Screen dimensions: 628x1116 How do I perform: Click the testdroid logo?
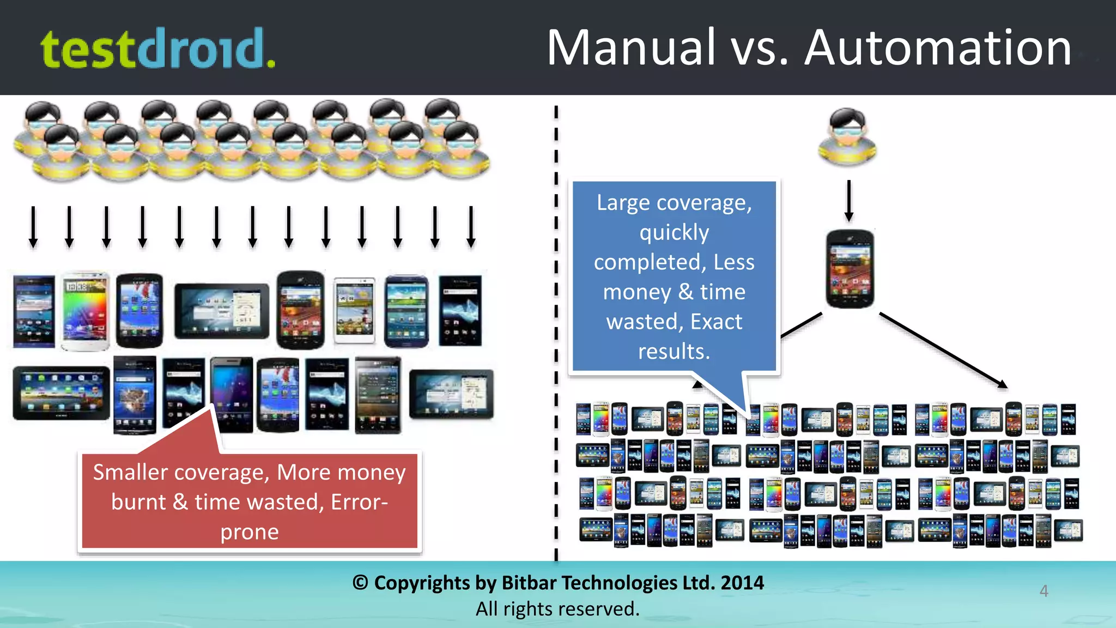pyautogui.click(x=158, y=49)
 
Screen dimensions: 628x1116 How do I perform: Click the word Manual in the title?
pyautogui.click(x=631, y=48)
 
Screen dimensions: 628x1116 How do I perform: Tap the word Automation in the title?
pyautogui.click(x=937, y=48)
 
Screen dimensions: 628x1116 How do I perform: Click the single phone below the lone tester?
pyautogui.click(x=850, y=269)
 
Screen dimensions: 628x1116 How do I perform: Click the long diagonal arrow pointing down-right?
pyautogui.click(x=943, y=351)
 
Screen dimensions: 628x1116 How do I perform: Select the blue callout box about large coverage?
pyautogui.click(x=674, y=277)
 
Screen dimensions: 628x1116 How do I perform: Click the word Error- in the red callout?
pyautogui.click(x=359, y=502)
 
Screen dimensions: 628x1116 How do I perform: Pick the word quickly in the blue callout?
pyautogui.click(x=674, y=233)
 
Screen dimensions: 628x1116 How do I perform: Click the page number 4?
pyautogui.click(x=1044, y=591)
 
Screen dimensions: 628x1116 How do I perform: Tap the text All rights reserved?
pyautogui.click(x=557, y=609)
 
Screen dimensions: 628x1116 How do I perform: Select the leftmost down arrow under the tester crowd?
pyautogui.click(x=33, y=227)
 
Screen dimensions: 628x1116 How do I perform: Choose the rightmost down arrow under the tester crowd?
pyautogui.click(x=471, y=227)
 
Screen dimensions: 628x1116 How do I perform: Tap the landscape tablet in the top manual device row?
pyautogui.click(x=222, y=311)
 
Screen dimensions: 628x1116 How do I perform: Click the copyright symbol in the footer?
pyautogui.click(x=360, y=583)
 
